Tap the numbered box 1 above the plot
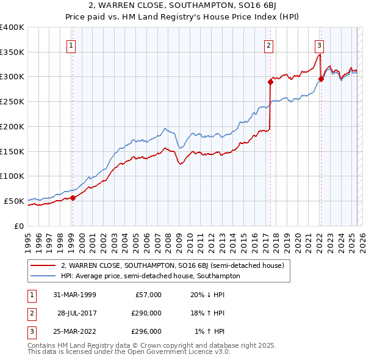pos(71,45)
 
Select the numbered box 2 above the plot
pos(269,45)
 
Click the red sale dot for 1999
pos(73,198)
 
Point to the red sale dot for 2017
pos(270,81)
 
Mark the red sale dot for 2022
pos(321,78)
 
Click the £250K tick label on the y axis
pos(12,101)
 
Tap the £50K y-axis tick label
pos(15,201)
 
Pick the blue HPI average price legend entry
pos(150,276)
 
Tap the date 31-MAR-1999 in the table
pos(74,295)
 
